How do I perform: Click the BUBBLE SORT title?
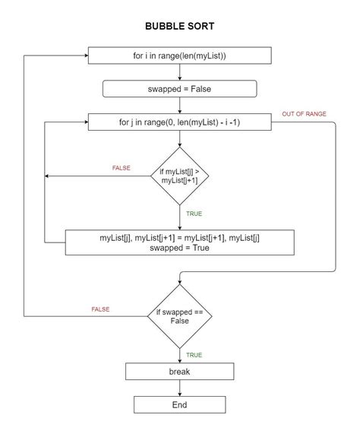[179, 26]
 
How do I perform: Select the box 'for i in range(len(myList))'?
[179, 56]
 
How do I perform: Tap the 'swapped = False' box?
[179, 89]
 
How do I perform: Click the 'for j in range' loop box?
[179, 122]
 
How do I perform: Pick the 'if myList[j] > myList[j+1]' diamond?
[179, 176]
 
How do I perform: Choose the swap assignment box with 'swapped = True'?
[179, 243]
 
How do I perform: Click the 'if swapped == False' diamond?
[179, 315]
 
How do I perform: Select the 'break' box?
[179, 372]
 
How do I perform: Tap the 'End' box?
[179, 405]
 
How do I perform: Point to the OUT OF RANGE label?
[304, 114]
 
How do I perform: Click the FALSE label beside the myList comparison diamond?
[122, 166]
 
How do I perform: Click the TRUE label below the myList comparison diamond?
[194, 214]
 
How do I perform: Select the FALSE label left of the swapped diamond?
[100, 309]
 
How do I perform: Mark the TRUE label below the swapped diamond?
[194, 355]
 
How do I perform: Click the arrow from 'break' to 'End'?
[179, 388]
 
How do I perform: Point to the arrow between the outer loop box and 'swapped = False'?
[179, 72]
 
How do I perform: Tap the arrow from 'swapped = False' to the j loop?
[179, 105]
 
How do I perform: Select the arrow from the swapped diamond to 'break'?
[179, 354]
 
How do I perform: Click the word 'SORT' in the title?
[200, 26]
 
